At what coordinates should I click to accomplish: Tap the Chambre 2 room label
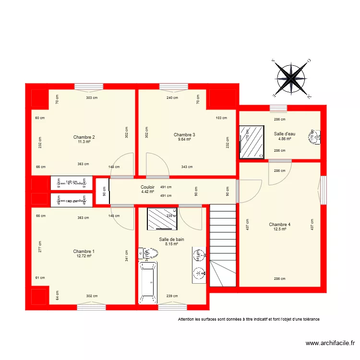coord(84,137)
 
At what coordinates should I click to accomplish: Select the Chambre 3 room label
coord(184,135)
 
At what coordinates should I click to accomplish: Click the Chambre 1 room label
coord(84,252)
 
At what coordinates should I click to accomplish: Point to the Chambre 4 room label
coord(279,225)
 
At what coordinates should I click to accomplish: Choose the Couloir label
coord(147,187)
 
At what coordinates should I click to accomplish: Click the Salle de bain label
coord(171,239)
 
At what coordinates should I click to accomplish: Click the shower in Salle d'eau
coord(252,143)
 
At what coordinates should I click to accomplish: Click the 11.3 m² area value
coord(84,142)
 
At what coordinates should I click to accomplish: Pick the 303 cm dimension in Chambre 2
coord(92,97)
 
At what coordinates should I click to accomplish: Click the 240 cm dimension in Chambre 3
coord(172,97)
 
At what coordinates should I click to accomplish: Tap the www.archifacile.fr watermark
coord(330,343)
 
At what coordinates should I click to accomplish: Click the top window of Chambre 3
coord(173,87)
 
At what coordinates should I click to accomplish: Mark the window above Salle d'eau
coord(278,108)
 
